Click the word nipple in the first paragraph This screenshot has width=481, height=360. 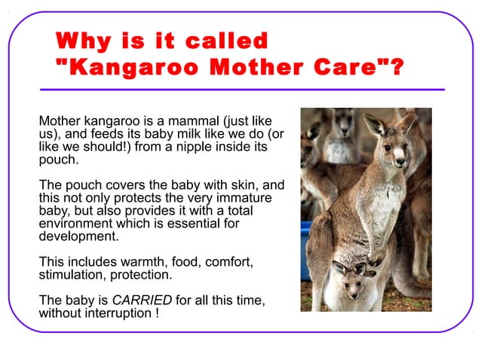[195, 147]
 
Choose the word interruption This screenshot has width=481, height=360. [115, 313]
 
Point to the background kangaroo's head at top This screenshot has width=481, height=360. [344, 121]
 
